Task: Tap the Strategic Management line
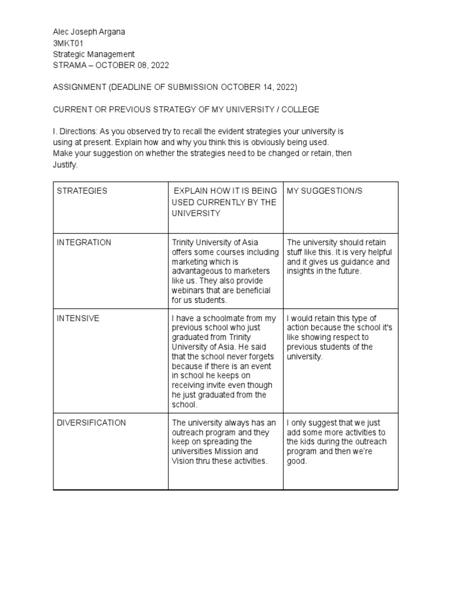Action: click(x=94, y=54)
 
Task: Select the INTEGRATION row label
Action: click(x=84, y=242)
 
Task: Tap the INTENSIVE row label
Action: click(x=78, y=318)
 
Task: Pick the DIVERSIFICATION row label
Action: click(x=91, y=423)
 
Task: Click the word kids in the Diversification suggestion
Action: click(x=310, y=442)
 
